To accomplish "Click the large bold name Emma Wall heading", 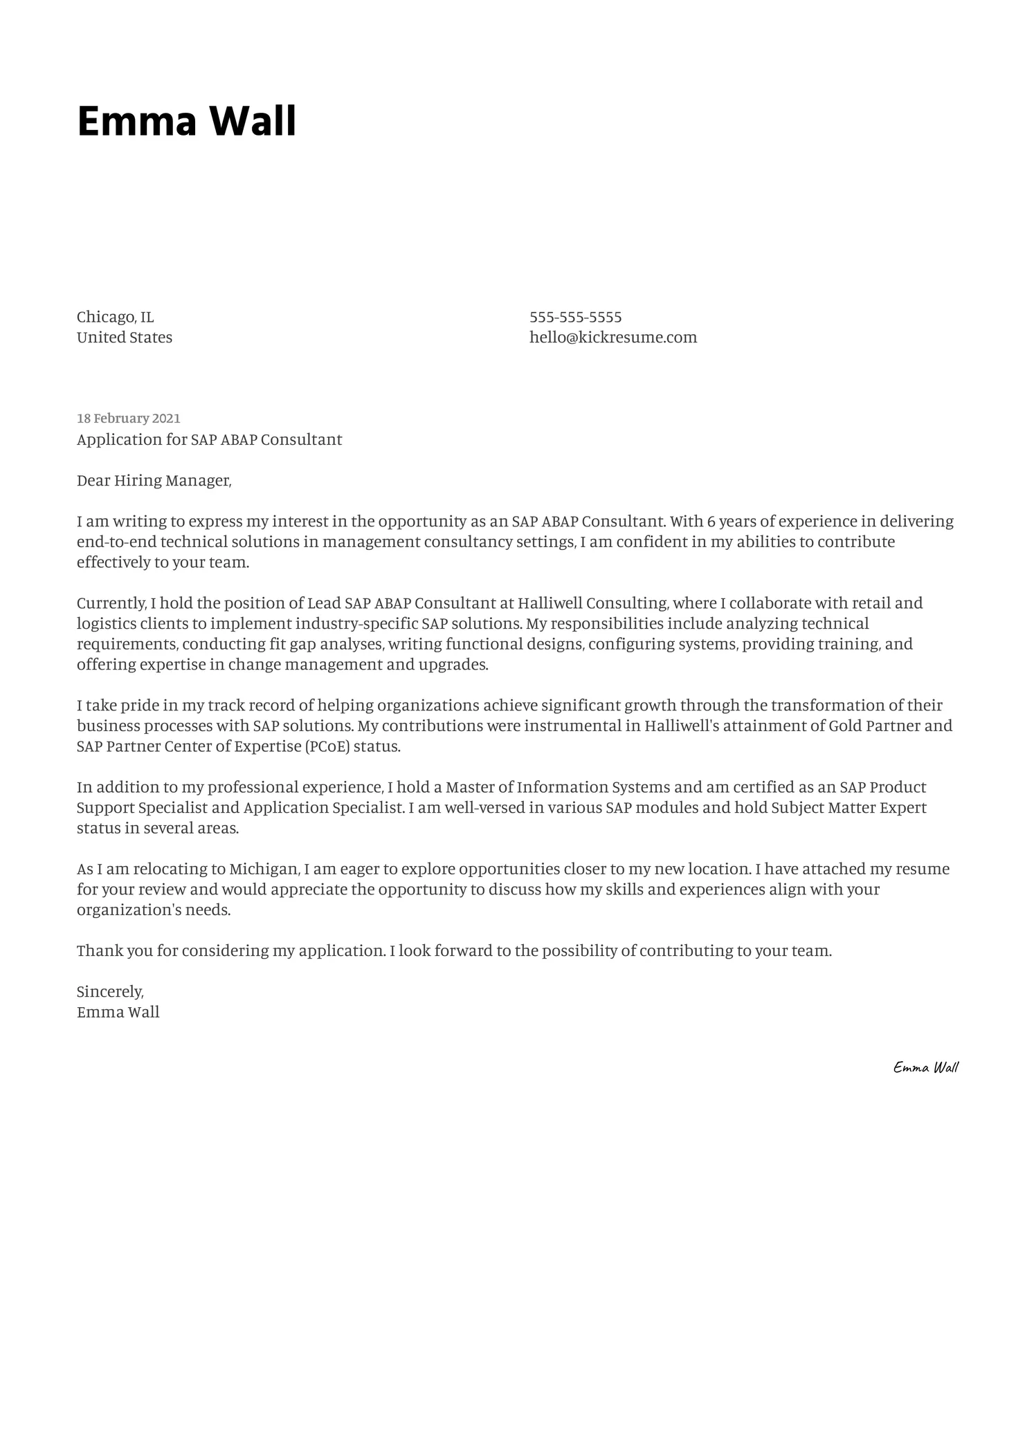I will (186, 122).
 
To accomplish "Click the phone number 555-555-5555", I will (575, 317).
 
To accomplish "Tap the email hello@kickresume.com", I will (613, 338).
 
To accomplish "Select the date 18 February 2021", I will (128, 418).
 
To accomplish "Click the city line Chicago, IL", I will (115, 317).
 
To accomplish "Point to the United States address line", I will (124, 338).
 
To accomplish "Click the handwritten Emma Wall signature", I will (925, 1067).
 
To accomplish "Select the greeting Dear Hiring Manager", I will (154, 481).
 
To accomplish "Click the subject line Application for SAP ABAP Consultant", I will (209, 440).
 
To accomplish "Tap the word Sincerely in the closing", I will (110, 992).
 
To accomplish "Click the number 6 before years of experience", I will (711, 522).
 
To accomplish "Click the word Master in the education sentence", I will (470, 788).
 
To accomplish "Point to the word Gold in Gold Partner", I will (844, 726).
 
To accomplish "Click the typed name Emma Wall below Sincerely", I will (118, 1013).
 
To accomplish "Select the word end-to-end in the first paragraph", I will (116, 542).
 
